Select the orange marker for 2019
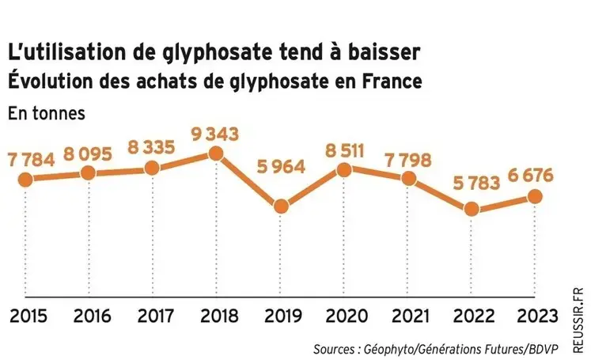pyautogui.click(x=280, y=206)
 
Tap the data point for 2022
pyautogui.click(x=472, y=209)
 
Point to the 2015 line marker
pyautogui.click(x=25, y=179)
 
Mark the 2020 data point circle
pyautogui.click(x=344, y=169)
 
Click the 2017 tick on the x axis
pyautogui.click(x=152, y=317)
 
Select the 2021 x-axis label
pyautogui.click(x=408, y=317)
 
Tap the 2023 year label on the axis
pyautogui.click(x=535, y=317)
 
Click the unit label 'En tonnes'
pyautogui.click(x=46, y=112)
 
